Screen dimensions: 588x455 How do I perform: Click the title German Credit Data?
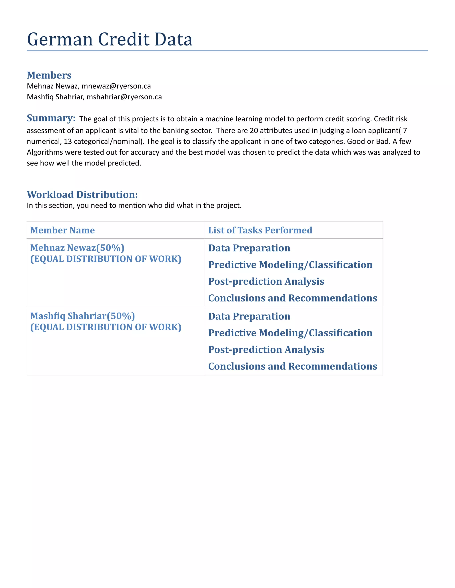click(x=110, y=39)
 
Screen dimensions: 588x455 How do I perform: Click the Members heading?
click(x=49, y=75)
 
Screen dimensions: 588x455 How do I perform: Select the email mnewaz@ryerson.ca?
click(x=116, y=86)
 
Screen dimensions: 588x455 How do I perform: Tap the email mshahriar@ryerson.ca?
click(x=124, y=97)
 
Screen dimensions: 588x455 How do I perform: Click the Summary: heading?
click(x=51, y=118)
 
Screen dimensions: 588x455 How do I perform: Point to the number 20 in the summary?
click(x=254, y=130)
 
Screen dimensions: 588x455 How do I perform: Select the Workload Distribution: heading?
click(x=82, y=194)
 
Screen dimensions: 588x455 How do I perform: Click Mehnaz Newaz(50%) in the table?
click(x=77, y=248)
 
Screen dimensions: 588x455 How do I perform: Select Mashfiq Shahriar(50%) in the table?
click(x=82, y=316)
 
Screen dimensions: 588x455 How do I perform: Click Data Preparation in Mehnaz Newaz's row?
click(x=249, y=248)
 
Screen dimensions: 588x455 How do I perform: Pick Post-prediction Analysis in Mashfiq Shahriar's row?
click(x=266, y=349)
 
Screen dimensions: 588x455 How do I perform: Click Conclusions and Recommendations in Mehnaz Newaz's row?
click(x=292, y=298)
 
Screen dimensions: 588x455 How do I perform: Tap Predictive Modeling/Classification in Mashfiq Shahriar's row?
click(x=290, y=333)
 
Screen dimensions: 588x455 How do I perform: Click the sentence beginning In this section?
click(x=134, y=205)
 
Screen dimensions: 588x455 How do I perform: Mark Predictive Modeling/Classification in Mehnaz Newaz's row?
click(x=290, y=265)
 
